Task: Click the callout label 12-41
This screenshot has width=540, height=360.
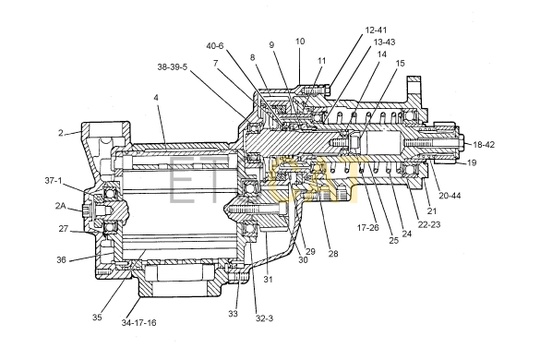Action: point(376,30)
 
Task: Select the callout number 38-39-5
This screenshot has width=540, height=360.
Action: point(173,67)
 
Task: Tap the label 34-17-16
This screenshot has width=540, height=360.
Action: point(139,323)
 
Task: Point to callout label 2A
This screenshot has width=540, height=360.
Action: point(61,206)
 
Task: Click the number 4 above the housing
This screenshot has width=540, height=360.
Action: point(156,98)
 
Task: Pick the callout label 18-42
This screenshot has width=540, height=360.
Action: point(484,145)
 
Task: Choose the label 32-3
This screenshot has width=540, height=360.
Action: point(264,318)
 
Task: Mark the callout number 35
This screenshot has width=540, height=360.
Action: point(97,317)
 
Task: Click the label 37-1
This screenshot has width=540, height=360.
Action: point(54,181)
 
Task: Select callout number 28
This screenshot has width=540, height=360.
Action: point(333,254)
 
